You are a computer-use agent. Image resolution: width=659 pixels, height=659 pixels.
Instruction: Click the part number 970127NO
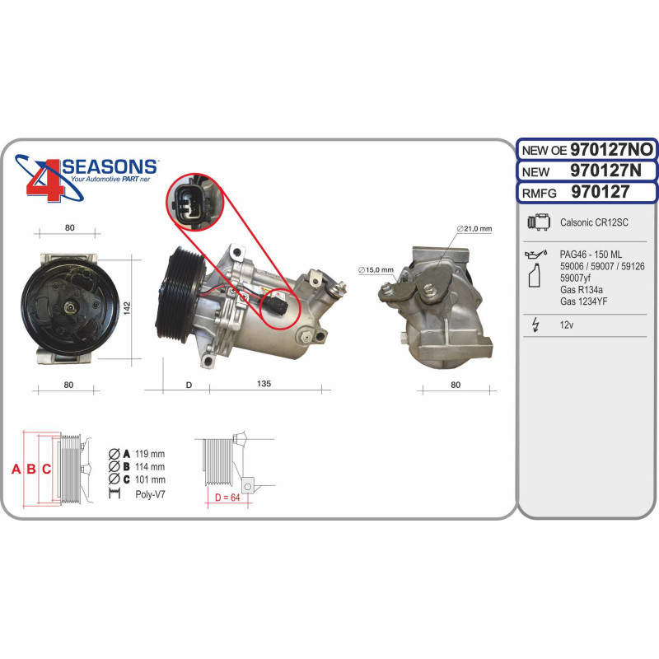611,149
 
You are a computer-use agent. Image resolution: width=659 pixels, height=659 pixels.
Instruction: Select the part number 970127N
605,171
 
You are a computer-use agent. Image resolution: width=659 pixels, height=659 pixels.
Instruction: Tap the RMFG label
539,193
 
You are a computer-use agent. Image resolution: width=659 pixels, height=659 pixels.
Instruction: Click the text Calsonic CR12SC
594,222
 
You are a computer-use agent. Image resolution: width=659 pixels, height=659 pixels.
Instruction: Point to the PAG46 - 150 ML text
591,255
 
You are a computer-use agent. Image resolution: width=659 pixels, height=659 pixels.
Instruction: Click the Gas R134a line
582,290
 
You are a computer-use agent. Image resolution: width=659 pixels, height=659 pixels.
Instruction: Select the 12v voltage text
567,325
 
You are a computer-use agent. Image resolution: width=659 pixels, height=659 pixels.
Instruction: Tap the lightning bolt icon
535,325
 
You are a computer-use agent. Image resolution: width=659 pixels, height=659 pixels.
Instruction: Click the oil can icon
536,254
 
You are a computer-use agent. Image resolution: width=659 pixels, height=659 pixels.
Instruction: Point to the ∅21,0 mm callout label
474,229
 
